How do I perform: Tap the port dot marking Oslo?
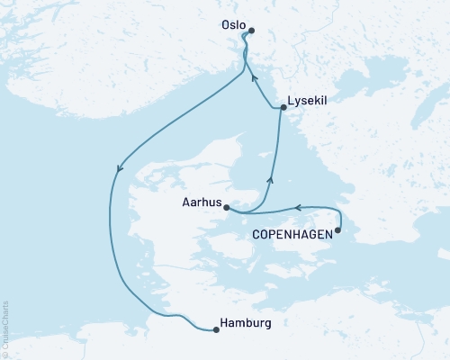pos(251,31)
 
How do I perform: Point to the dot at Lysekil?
pos(283,108)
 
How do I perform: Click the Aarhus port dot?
pos(227,208)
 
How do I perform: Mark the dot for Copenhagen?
pos(338,231)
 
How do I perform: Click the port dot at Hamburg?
pos(216,329)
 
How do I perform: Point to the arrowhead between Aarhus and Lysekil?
pos(270,180)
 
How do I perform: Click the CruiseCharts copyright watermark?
pos(5,328)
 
